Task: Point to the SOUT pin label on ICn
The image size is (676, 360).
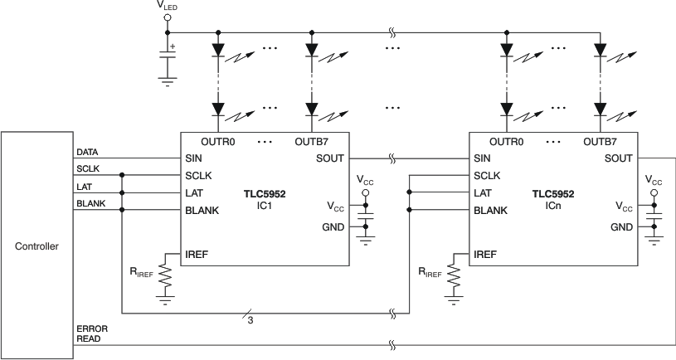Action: [x=619, y=158]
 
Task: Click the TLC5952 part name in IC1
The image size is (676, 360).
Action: [x=265, y=193]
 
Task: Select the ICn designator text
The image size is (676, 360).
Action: [x=553, y=204]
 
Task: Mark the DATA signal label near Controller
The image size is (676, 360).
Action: [x=88, y=153]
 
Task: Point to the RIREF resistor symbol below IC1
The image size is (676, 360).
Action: [x=166, y=279]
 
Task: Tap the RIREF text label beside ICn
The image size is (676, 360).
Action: [x=433, y=270]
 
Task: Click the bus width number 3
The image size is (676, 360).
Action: [x=250, y=319]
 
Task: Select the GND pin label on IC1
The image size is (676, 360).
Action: [x=333, y=226]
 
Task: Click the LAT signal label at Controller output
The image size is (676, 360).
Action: [x=84, y=187]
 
